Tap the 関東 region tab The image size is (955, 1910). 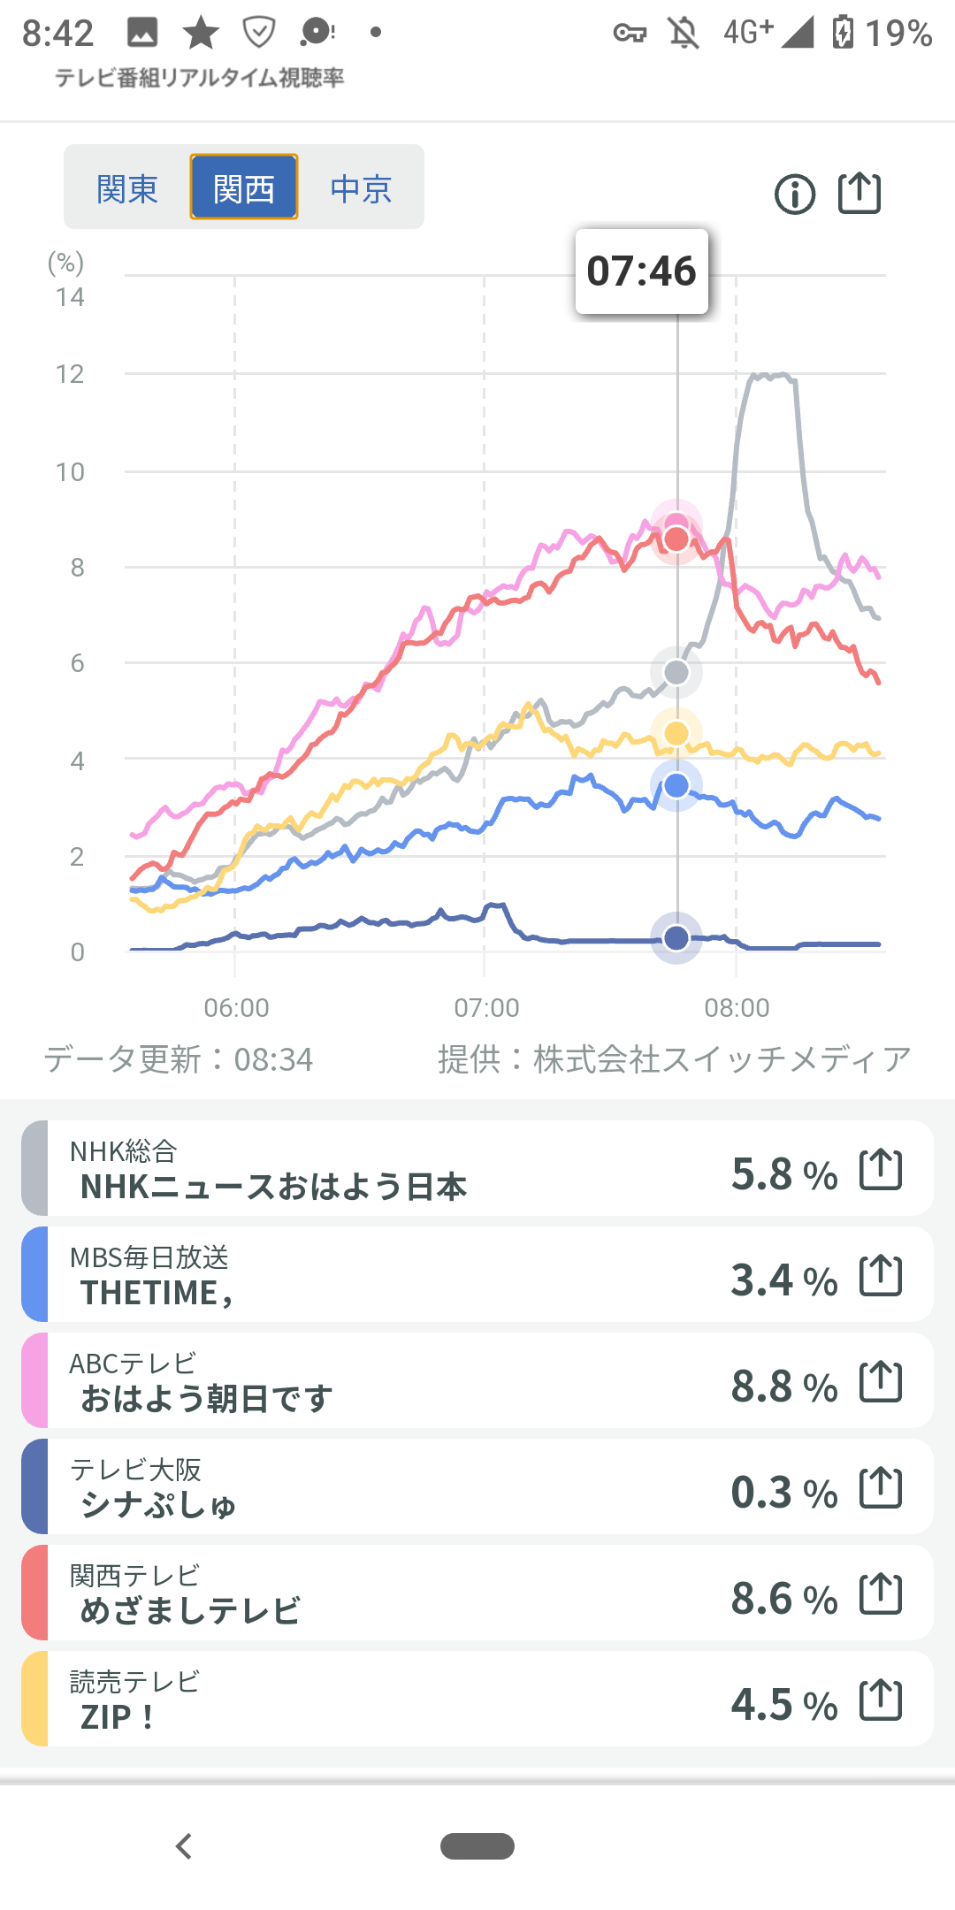tap(127, 188)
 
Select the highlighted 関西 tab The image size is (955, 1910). tap(244, 188)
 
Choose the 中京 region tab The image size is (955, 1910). tap(361, 188)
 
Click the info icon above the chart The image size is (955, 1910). tap(795, 195)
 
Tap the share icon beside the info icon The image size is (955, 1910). tap(859, 193)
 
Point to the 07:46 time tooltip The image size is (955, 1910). tap(642, 271)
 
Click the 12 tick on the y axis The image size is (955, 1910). tap(70, 374)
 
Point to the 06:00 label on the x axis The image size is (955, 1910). tap(236, 1007)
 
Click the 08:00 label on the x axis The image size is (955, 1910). tap(737, 1007)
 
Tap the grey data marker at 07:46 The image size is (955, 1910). tap(676, 673)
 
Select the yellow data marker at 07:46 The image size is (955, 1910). tap(676, 733)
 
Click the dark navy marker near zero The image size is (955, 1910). tap(676, 937)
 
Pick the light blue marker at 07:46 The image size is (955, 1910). tap(676, 785)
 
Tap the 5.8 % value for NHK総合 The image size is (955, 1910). tap(783, 1174)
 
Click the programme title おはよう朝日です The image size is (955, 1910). tap(207, 1399)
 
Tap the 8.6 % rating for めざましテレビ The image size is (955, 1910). tap(783, 1599)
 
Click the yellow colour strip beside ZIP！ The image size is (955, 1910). tap(34, 1699)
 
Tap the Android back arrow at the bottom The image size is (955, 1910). tap(184, 1846)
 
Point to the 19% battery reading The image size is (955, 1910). tap(898, 34)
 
